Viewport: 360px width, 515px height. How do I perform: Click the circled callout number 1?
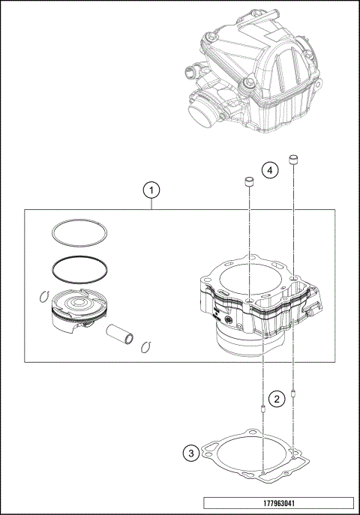152,190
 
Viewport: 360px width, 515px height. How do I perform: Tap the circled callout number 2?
277,399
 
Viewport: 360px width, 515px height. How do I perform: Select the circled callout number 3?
191,453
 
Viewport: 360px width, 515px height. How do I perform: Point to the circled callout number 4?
271,171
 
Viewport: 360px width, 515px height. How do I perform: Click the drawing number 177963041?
277,503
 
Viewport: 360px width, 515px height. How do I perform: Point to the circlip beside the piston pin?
147,346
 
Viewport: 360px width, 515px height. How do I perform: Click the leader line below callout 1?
152,204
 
